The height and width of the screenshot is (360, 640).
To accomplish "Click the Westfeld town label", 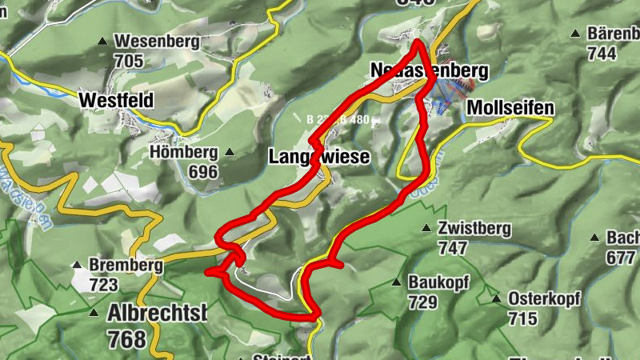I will [x=116, y=101].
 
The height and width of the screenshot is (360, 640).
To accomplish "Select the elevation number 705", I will [x=129, y=60].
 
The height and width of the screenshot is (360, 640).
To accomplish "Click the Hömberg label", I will [x=184, y=152].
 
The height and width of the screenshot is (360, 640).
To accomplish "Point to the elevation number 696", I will [x=203, y=170].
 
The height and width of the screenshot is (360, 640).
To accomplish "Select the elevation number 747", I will [x=453, y=248].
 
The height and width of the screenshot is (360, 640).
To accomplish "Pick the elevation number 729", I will [x=422, y=302].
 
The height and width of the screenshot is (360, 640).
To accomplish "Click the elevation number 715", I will [x=522, y=318].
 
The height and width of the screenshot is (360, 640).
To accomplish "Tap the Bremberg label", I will [x=126, y=265].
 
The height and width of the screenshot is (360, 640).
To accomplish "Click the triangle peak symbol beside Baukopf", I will [x=395, y=282].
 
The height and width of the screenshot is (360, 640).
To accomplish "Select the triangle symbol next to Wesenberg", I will [x=102, y=41].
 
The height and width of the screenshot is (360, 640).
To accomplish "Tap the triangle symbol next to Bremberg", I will [x=77, y=264].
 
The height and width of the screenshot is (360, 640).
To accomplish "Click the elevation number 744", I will [x=602, y=54].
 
